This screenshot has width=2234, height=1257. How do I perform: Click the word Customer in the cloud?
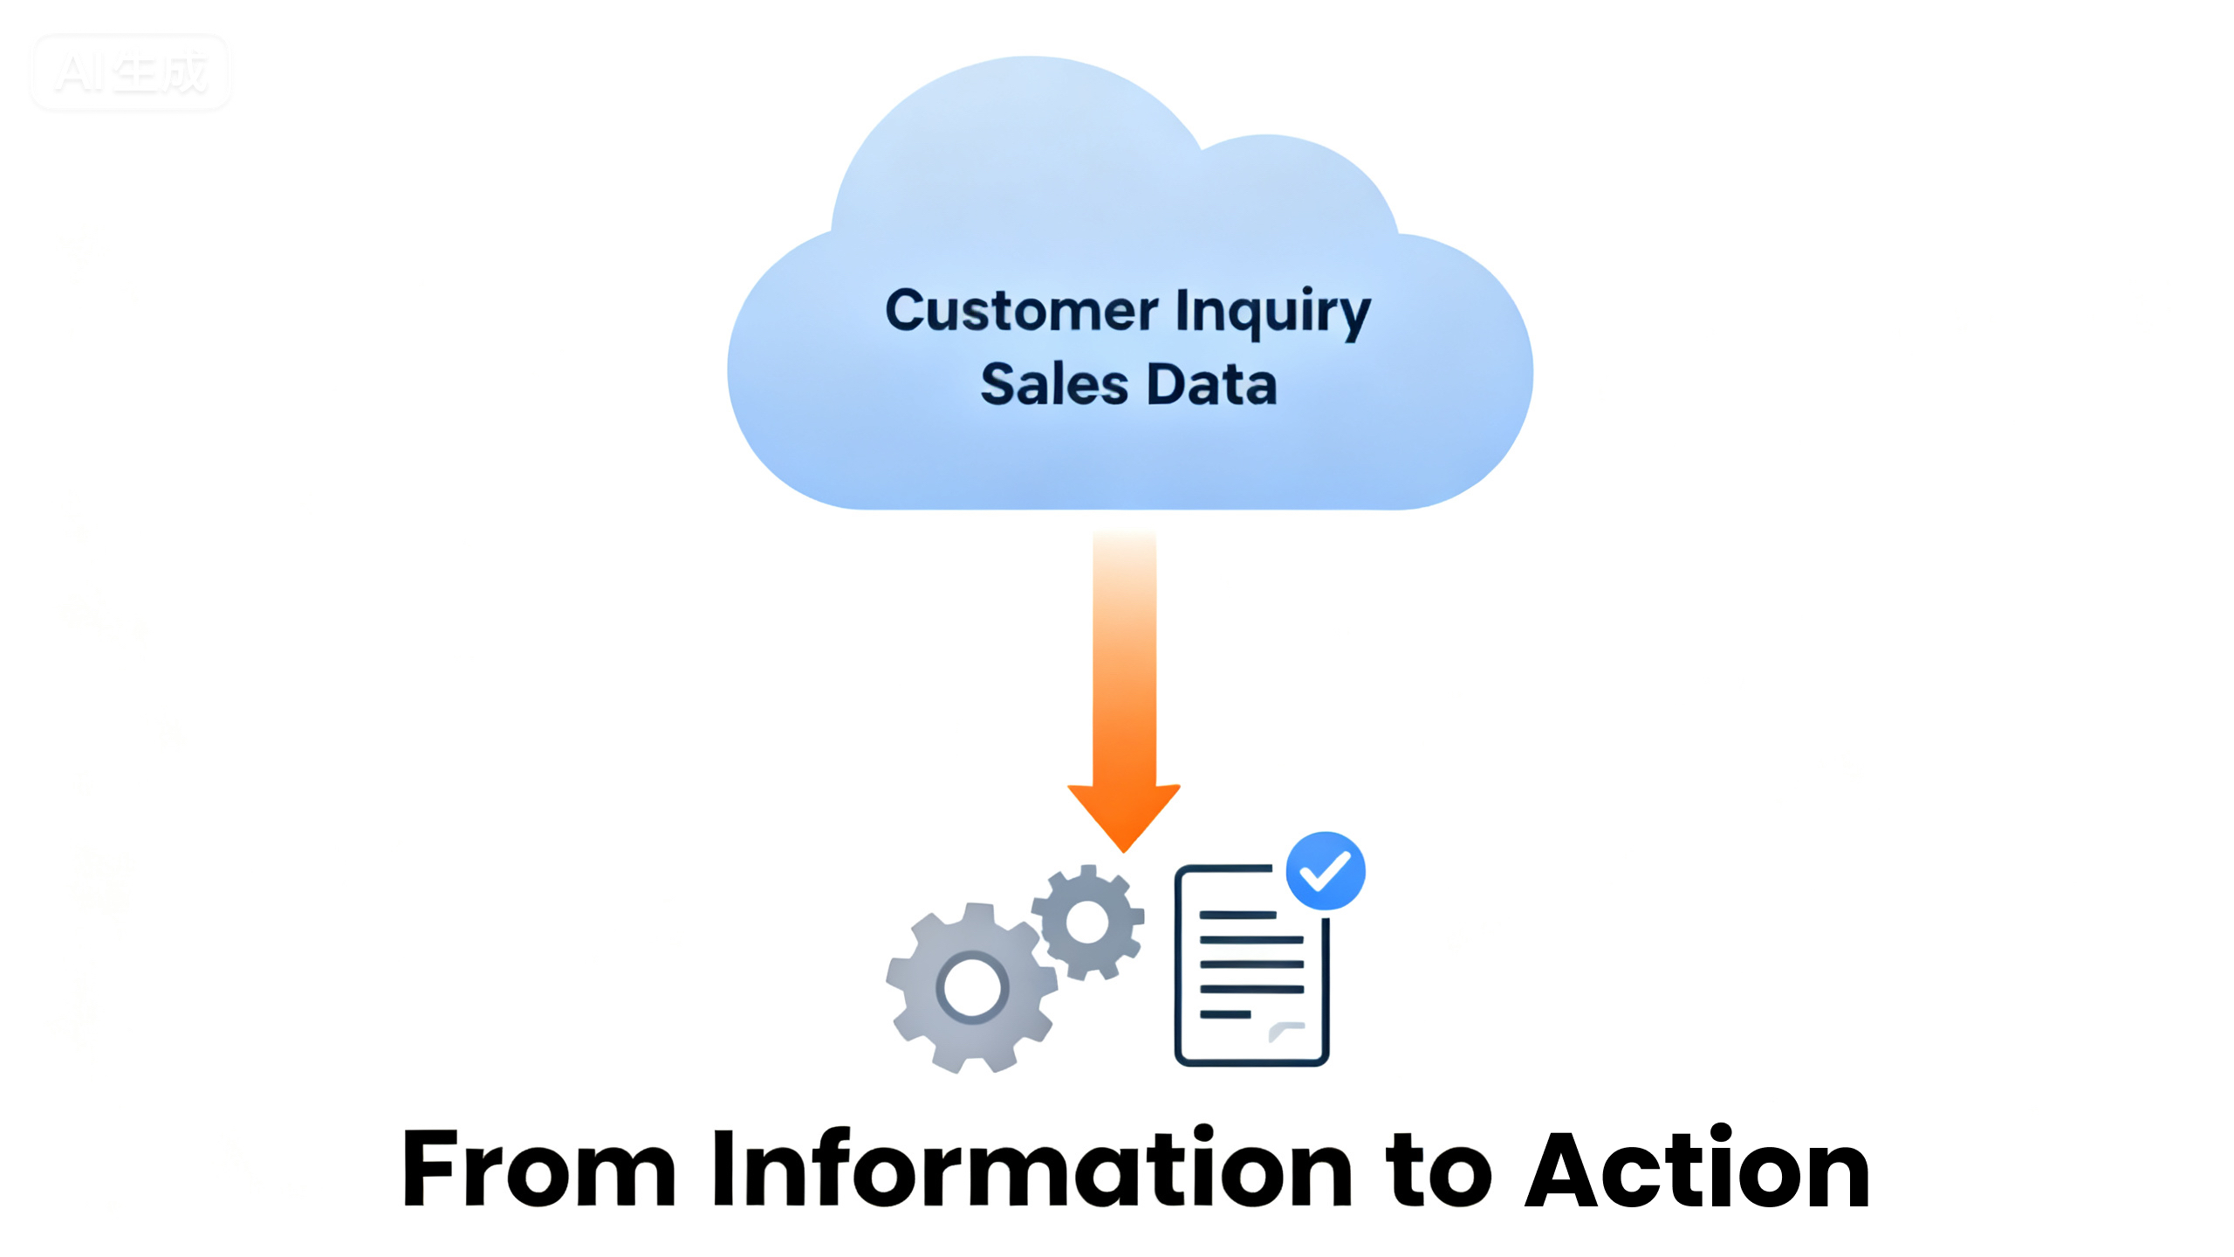(1022, 311)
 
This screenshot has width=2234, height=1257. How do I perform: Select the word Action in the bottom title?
(1698, 1168)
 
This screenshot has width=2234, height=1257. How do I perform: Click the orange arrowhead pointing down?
(1124, 815)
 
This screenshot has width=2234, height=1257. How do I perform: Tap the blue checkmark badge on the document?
(1326, 870)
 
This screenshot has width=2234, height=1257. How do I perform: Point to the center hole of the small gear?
(1087, 922)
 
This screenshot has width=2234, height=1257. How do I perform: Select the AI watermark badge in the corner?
(130, 72)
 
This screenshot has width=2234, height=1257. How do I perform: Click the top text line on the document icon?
(1237, 915)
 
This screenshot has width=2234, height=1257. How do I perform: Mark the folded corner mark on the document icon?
(1285, 1031)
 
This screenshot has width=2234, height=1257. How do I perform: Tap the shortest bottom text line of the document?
(1225, 1014)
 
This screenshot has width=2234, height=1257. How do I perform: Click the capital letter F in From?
(431, 1168)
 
